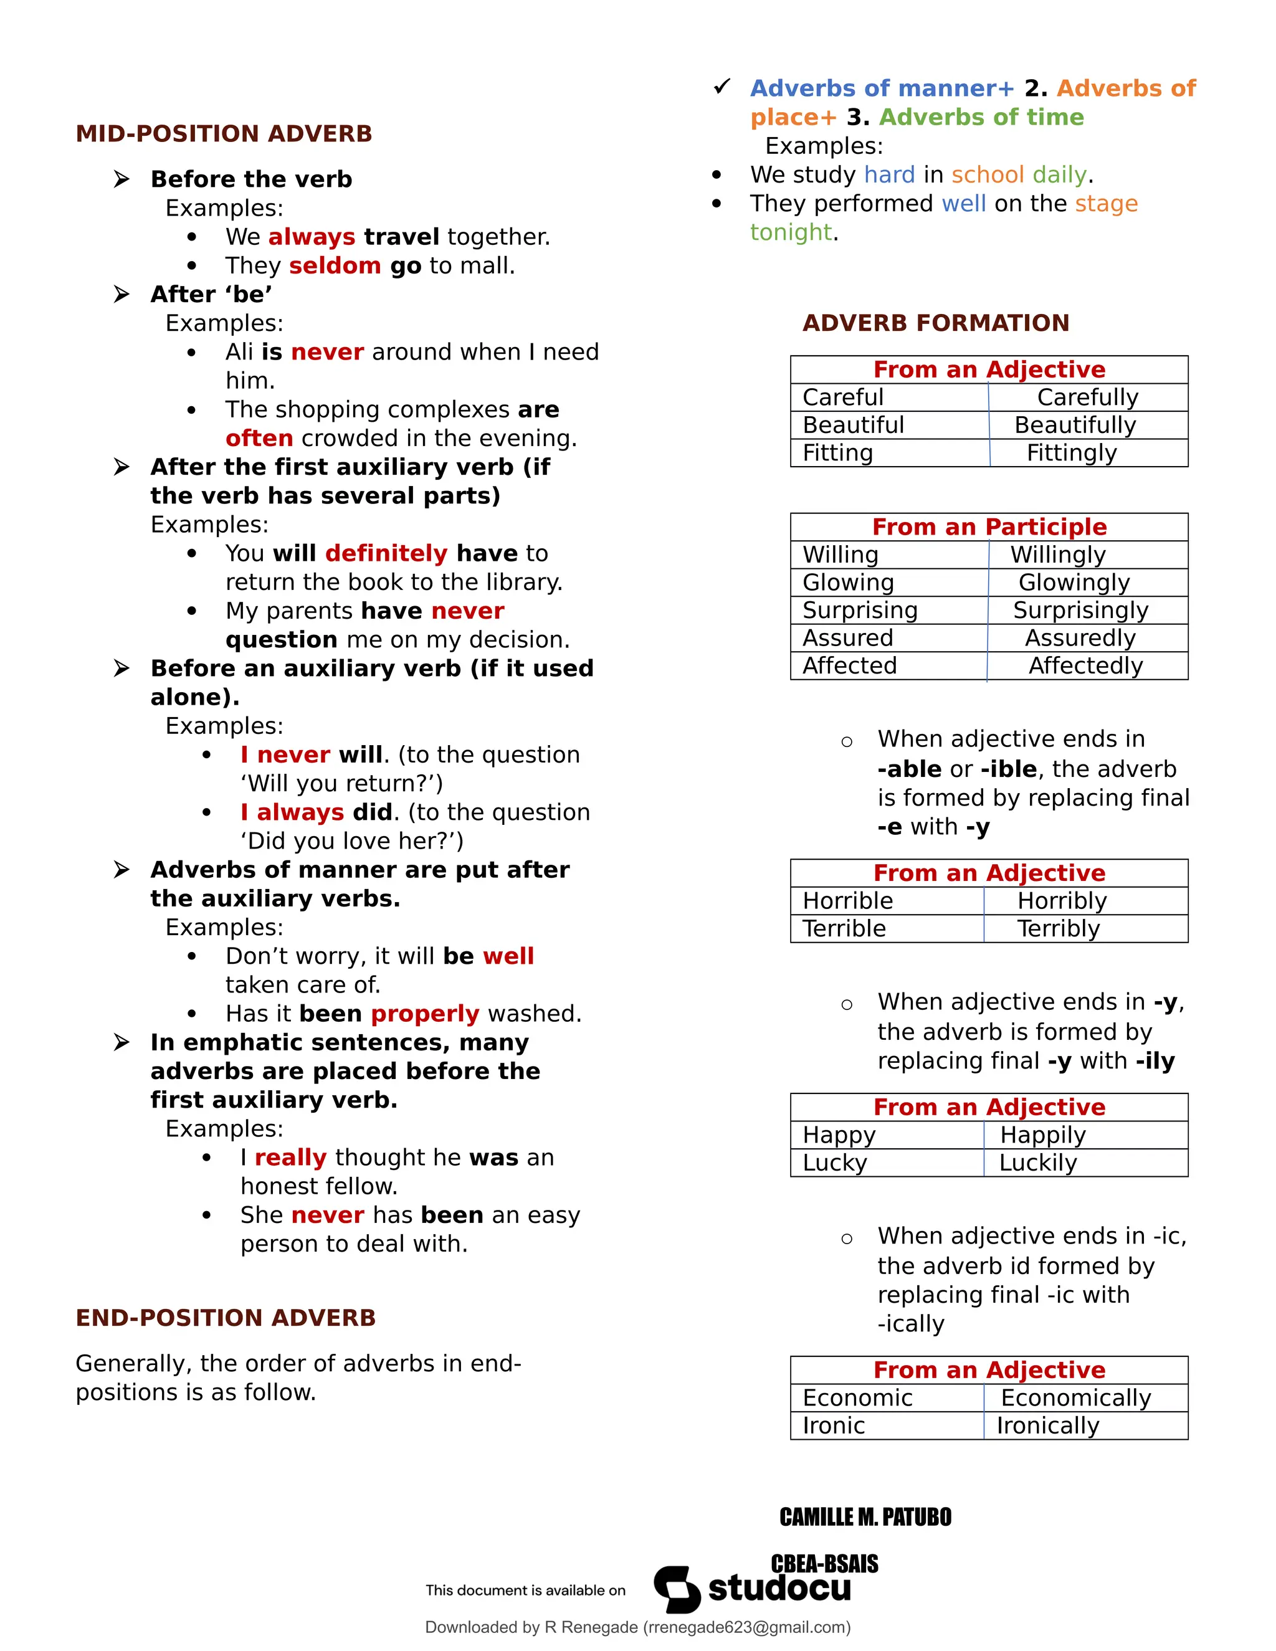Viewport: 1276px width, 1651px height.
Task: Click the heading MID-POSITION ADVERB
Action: click(224, 134)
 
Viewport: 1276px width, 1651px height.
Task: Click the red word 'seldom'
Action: click(334, 266)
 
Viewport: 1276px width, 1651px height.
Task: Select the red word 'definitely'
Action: click(386, 553)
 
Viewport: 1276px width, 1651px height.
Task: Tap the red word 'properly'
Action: click(425, 1014)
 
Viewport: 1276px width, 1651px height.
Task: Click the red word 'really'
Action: click(290, 1158)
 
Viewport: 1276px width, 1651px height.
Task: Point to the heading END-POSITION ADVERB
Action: click(226, 1318)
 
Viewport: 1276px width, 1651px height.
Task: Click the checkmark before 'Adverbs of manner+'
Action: click(722, 87)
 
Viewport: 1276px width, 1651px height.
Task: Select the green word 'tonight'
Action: click(791, 232)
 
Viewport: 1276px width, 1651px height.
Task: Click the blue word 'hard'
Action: click(889, 174)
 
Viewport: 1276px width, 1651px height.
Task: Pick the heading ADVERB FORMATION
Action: click(936, 323)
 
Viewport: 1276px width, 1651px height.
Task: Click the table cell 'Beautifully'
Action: click(1075, 425)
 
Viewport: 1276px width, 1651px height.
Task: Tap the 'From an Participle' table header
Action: click(989, 527)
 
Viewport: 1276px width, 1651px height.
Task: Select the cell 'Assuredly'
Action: click(1080, 638)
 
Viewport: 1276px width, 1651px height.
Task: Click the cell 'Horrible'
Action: click(847, 901)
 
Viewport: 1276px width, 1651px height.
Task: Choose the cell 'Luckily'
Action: click(1037, 1163)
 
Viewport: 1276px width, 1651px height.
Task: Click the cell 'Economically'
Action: click(1075, 1398)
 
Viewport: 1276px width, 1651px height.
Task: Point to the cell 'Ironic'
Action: click(834, 1425)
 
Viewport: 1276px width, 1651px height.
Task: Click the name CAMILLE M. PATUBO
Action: click(865, 1517)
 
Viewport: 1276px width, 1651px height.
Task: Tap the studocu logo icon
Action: click(677, 1589)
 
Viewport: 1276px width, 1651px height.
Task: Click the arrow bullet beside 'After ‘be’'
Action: click(121, 294)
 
